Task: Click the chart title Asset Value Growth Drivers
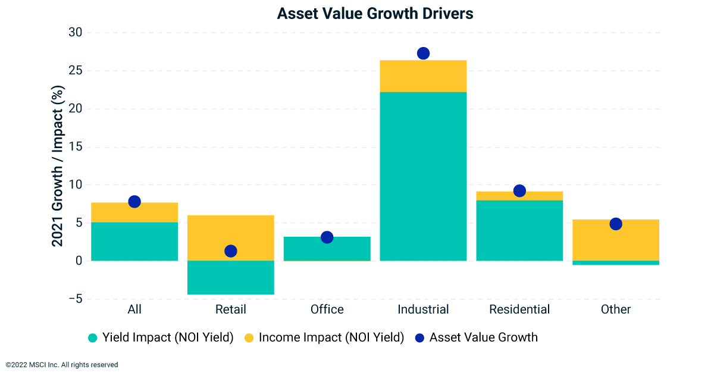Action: pyautogui.click(x=375, y=13)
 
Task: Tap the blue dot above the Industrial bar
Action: pyautogui.click(x=423, y=54)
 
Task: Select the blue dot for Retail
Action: pyautogui.click(x=231, y=251)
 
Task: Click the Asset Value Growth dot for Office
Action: pyautogui.click(x=327, y=237)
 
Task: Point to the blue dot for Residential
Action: pyautogui.click(x=519, y=191)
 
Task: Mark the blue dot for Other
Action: pyautogui.click(x=616, y=224)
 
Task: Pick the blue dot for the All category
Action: pyautogui.click(x=134, y=202)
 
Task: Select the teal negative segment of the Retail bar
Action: pyautogui.click(x=231, y=277)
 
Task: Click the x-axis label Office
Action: pyautogui.click(x=327, y=309)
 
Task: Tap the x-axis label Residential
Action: pyautogui.click(x=519, y=309)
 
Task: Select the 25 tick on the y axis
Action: pyautogui.click(x=75, y=71)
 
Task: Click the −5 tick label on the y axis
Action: pyautogui.click(x=74, y=299)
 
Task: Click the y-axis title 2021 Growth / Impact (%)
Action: pyautogui.click(x=57, y=165)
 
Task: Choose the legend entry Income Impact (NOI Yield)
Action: pyautogui.click(x=324, y=338)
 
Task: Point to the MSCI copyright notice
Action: pyautogui.click(x=62, y=365)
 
